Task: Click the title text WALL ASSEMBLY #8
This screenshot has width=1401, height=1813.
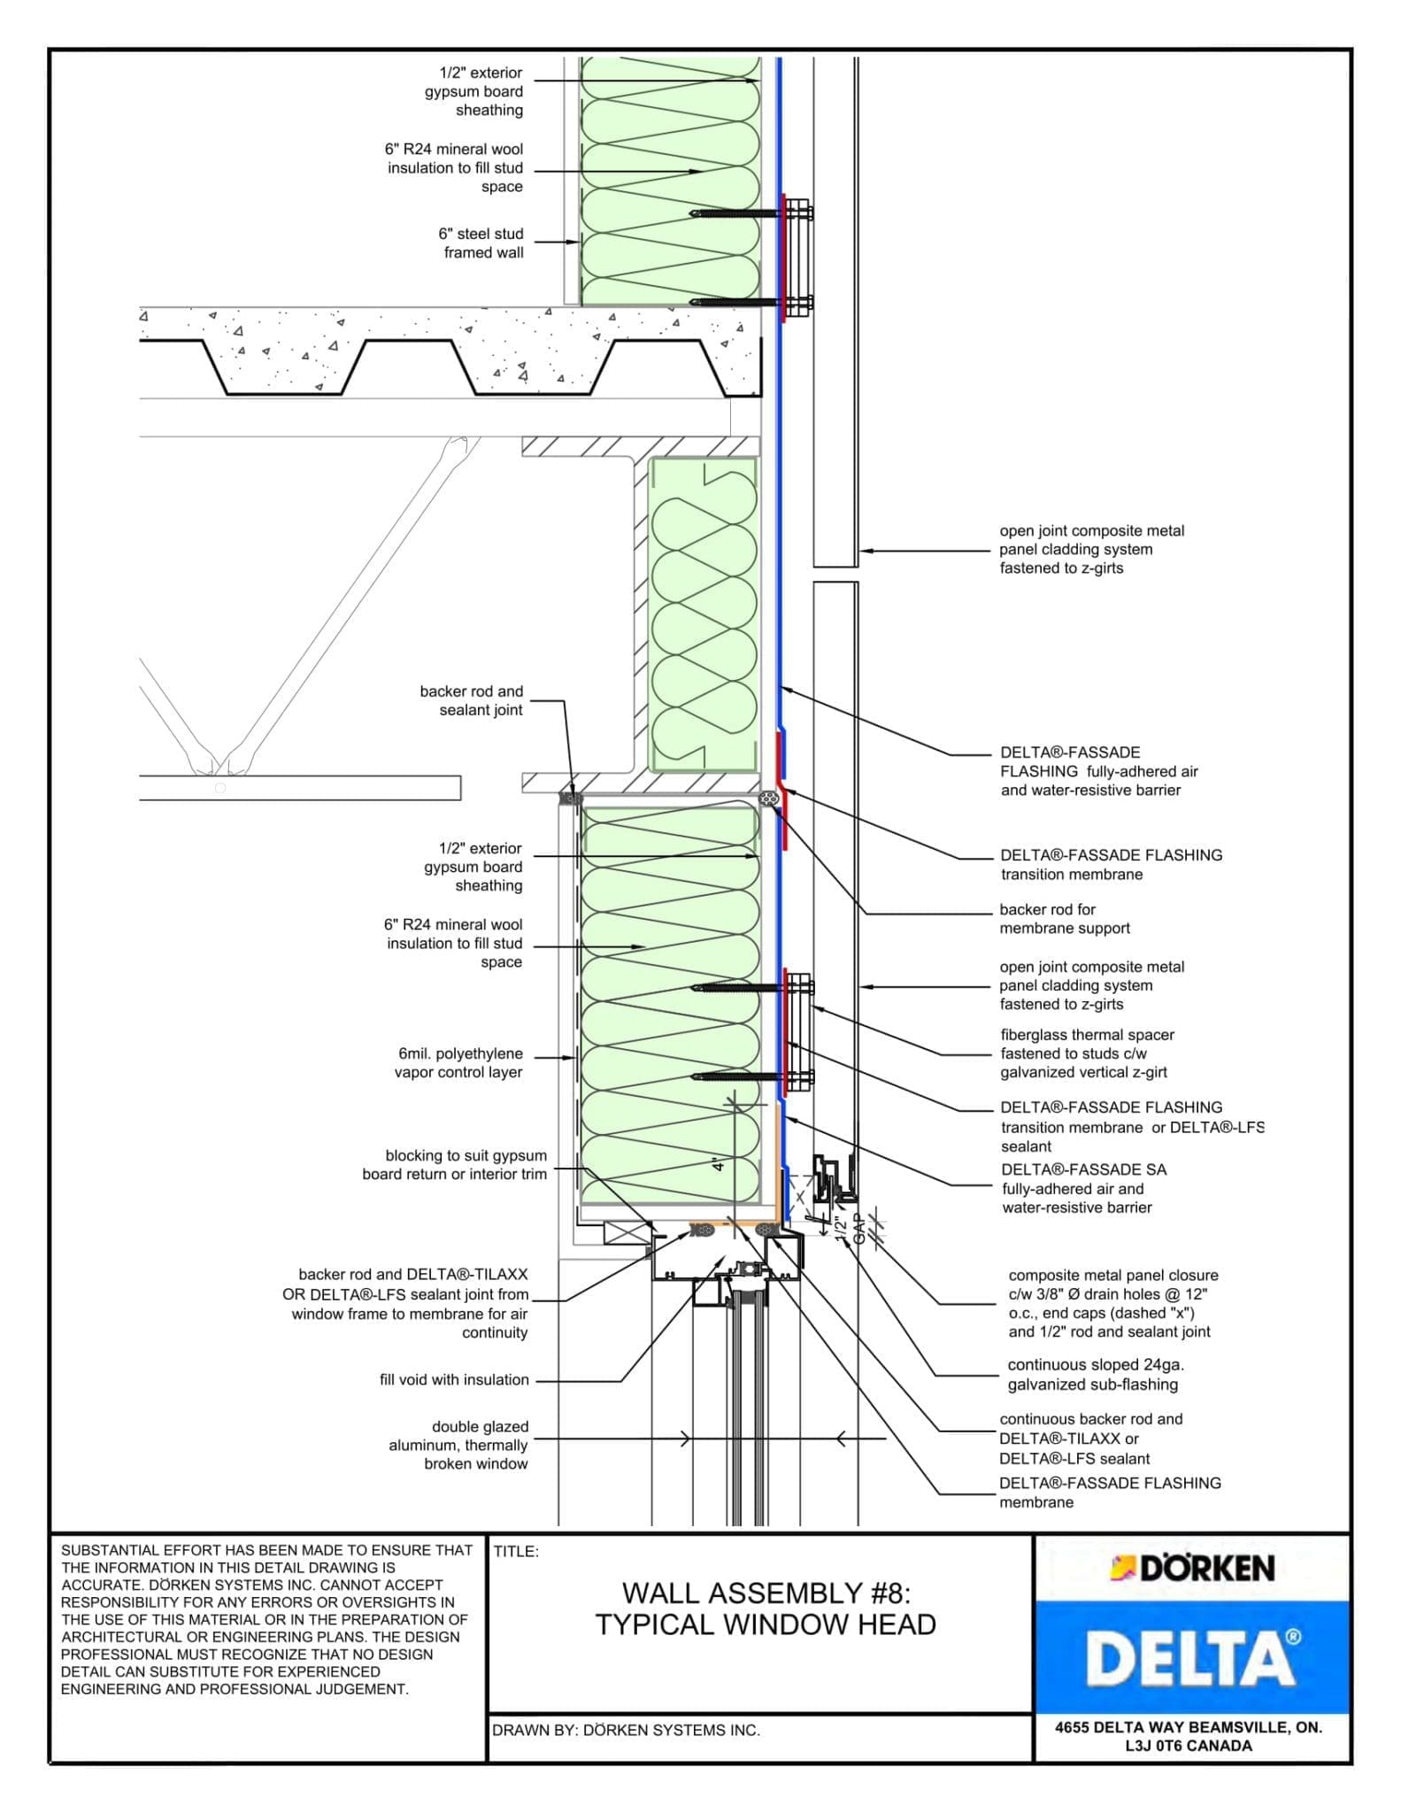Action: (766, 1593)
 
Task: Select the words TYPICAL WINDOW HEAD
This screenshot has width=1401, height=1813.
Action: (766, 1625)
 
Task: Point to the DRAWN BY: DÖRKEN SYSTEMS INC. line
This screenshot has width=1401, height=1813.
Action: (626, 1730)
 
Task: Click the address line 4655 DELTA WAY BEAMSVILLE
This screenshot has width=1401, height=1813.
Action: (1188, 1727)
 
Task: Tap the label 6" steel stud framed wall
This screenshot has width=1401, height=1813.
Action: (482, 243)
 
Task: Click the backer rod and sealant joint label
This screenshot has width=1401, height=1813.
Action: (471, 700)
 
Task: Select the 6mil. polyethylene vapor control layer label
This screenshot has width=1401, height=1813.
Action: (459, 1063)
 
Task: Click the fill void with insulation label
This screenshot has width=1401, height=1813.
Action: (454, 1380)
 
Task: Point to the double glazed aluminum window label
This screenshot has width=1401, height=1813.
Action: (458, 1446)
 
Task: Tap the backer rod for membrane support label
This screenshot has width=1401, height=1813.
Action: (1064, 919)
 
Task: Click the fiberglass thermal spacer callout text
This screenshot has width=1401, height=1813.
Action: (1087, 1053)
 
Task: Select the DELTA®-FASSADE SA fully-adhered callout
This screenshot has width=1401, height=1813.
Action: (1076, 1189)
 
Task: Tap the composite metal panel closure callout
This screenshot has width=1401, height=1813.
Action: (1112, 1303)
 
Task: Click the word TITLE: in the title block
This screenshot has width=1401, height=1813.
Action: (516, 1552)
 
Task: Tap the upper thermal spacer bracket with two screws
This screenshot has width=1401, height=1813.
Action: (797, 257)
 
